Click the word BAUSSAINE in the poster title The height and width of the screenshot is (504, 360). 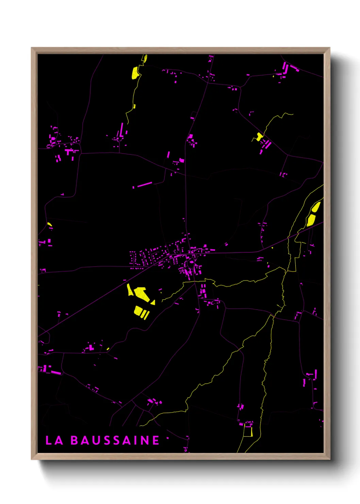tap(115, 440)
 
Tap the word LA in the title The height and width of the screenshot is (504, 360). tap(54, 440)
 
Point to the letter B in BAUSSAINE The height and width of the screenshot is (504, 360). tap(74, 440)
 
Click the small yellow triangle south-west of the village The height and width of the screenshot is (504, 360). tap(153, 302)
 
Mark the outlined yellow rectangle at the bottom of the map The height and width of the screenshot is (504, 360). tap(248, 431)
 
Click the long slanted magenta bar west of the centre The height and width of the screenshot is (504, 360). tap(144, 185)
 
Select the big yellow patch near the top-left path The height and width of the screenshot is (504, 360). tap(135, 73)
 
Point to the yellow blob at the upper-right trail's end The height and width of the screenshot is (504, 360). tap(260, 137)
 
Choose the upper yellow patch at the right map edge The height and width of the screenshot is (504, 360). tap(316, 207)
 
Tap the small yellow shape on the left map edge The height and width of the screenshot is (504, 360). tap(49, 224)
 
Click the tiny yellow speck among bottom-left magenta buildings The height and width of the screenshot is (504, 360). tap(108, 349)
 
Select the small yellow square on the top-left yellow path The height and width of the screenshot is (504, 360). tap(134, 106)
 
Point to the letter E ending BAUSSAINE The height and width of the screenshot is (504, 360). tap(156, 440)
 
